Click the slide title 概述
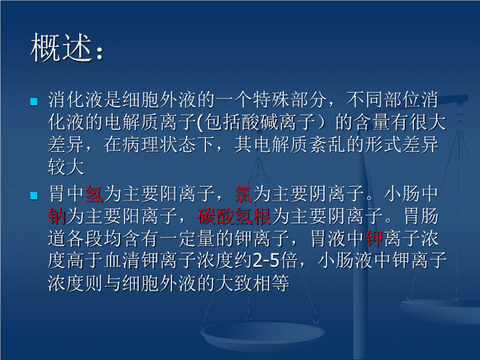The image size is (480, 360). [61, 47]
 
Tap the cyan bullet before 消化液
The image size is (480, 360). [34, 101]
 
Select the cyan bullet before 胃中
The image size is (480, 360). [34, 195]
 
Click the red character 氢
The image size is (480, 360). [94, 194]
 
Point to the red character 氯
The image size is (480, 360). [243, 194]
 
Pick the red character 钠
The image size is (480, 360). [57, 216]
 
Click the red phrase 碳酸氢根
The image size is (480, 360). [234, 216]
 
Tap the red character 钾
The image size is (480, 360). [374, 239]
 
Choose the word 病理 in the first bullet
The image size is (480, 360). [141, 145]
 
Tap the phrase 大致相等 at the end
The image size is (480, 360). [253, 283]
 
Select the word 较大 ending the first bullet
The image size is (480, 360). [66, 167]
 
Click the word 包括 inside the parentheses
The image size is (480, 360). [223, 122]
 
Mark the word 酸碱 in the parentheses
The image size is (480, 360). [260, 122]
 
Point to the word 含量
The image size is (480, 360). [372, 122]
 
